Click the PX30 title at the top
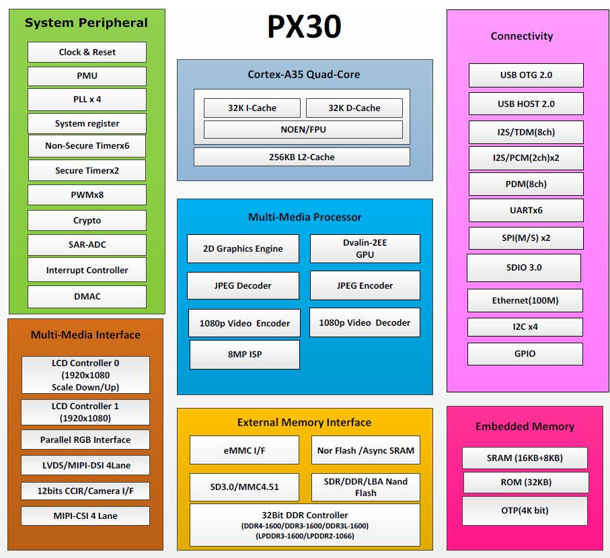click(304, 28)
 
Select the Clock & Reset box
click(87, 52)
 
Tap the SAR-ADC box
click(87, 245)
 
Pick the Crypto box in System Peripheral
click(87, 220)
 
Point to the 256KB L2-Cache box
click(301, 157)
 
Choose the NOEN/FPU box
click(303, 129)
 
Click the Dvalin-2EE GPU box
click(365, 248)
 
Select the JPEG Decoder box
click(243, 285)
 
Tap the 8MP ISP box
click(244, 354)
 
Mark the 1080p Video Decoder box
click(365, 322)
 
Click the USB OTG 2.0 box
click(526, 75)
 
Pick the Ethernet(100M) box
click(525, 300)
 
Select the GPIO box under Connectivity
click(525, 353)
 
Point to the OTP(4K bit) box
click(525, 510)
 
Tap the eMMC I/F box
click(244, 450)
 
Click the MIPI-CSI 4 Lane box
click(85, 516)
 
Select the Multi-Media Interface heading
click(85, 335)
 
